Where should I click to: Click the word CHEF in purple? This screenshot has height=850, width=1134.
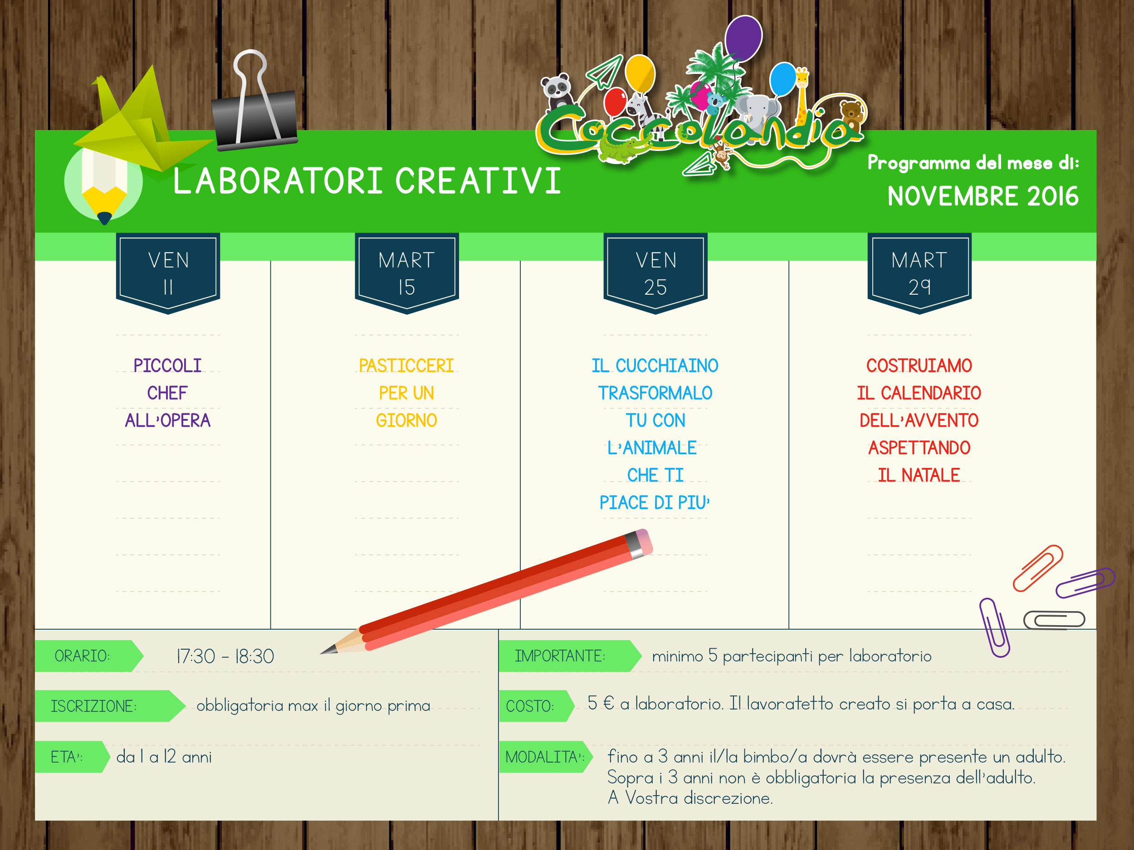click(168, 393)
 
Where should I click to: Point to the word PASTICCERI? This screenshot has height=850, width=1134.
click(406, 366)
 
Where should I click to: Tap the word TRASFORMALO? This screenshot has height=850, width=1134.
click(655, 393)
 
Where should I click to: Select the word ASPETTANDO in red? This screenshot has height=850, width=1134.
click(919, 448)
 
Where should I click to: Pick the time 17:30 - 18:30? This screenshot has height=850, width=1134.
click(225, 656)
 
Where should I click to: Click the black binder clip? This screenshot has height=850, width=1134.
click(255, 102)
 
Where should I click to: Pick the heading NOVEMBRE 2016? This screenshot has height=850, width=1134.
click(983, 197)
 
